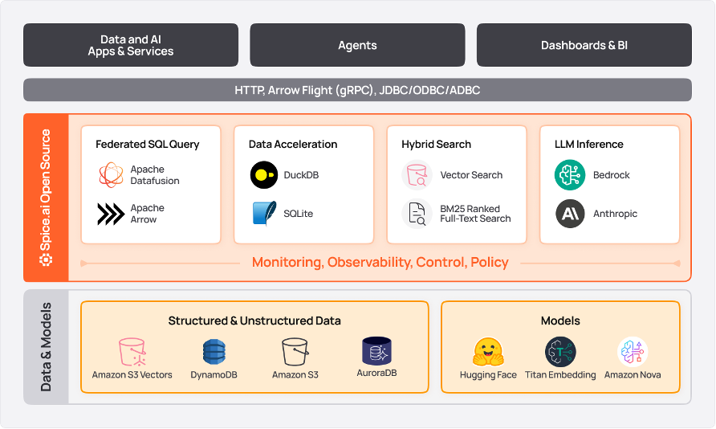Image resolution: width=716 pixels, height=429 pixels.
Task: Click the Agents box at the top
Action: click(x=357, y=45)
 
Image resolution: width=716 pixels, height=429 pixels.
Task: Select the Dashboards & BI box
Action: click(x=584, y=45)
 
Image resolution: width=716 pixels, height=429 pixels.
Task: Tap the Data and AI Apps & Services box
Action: click(x=131, y=45)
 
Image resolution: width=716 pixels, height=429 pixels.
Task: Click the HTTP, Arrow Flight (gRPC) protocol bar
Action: click(x=357, y=90)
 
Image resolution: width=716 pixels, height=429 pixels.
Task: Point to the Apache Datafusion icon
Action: click(x=111, y=175)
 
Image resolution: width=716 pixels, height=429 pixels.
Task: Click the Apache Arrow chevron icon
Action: click(x=111, y=214)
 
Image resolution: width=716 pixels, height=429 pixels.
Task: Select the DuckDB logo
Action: click(x=264, y=175)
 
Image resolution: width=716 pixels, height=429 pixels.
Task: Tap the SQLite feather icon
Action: click(x=264, y=214)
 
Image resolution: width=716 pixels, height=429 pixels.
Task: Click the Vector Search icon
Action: click(x=417, y=175)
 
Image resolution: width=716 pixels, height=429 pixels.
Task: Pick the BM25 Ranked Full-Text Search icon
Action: click(x=417, y=214)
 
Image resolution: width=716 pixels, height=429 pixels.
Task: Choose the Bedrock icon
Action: click(x=570, y=175)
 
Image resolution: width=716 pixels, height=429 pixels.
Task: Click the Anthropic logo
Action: click(x=570, y=214)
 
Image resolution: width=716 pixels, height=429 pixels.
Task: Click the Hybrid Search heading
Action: click(x=436, y=145)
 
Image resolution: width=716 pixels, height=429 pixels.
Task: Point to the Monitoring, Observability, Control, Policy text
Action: click(x=380, y=263)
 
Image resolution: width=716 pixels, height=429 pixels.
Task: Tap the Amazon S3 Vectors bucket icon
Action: click(x=132, y=352)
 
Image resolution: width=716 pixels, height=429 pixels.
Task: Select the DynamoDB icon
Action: click(x=214, y=352)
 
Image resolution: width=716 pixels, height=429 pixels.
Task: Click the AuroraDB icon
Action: click(x=376, y=350)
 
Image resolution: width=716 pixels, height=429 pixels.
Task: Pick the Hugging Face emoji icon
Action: click(x=488, y=352)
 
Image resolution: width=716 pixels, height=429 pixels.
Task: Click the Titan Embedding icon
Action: click(x=560, y=352)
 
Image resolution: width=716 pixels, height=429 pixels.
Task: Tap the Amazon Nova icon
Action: click(x=633, y=352)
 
